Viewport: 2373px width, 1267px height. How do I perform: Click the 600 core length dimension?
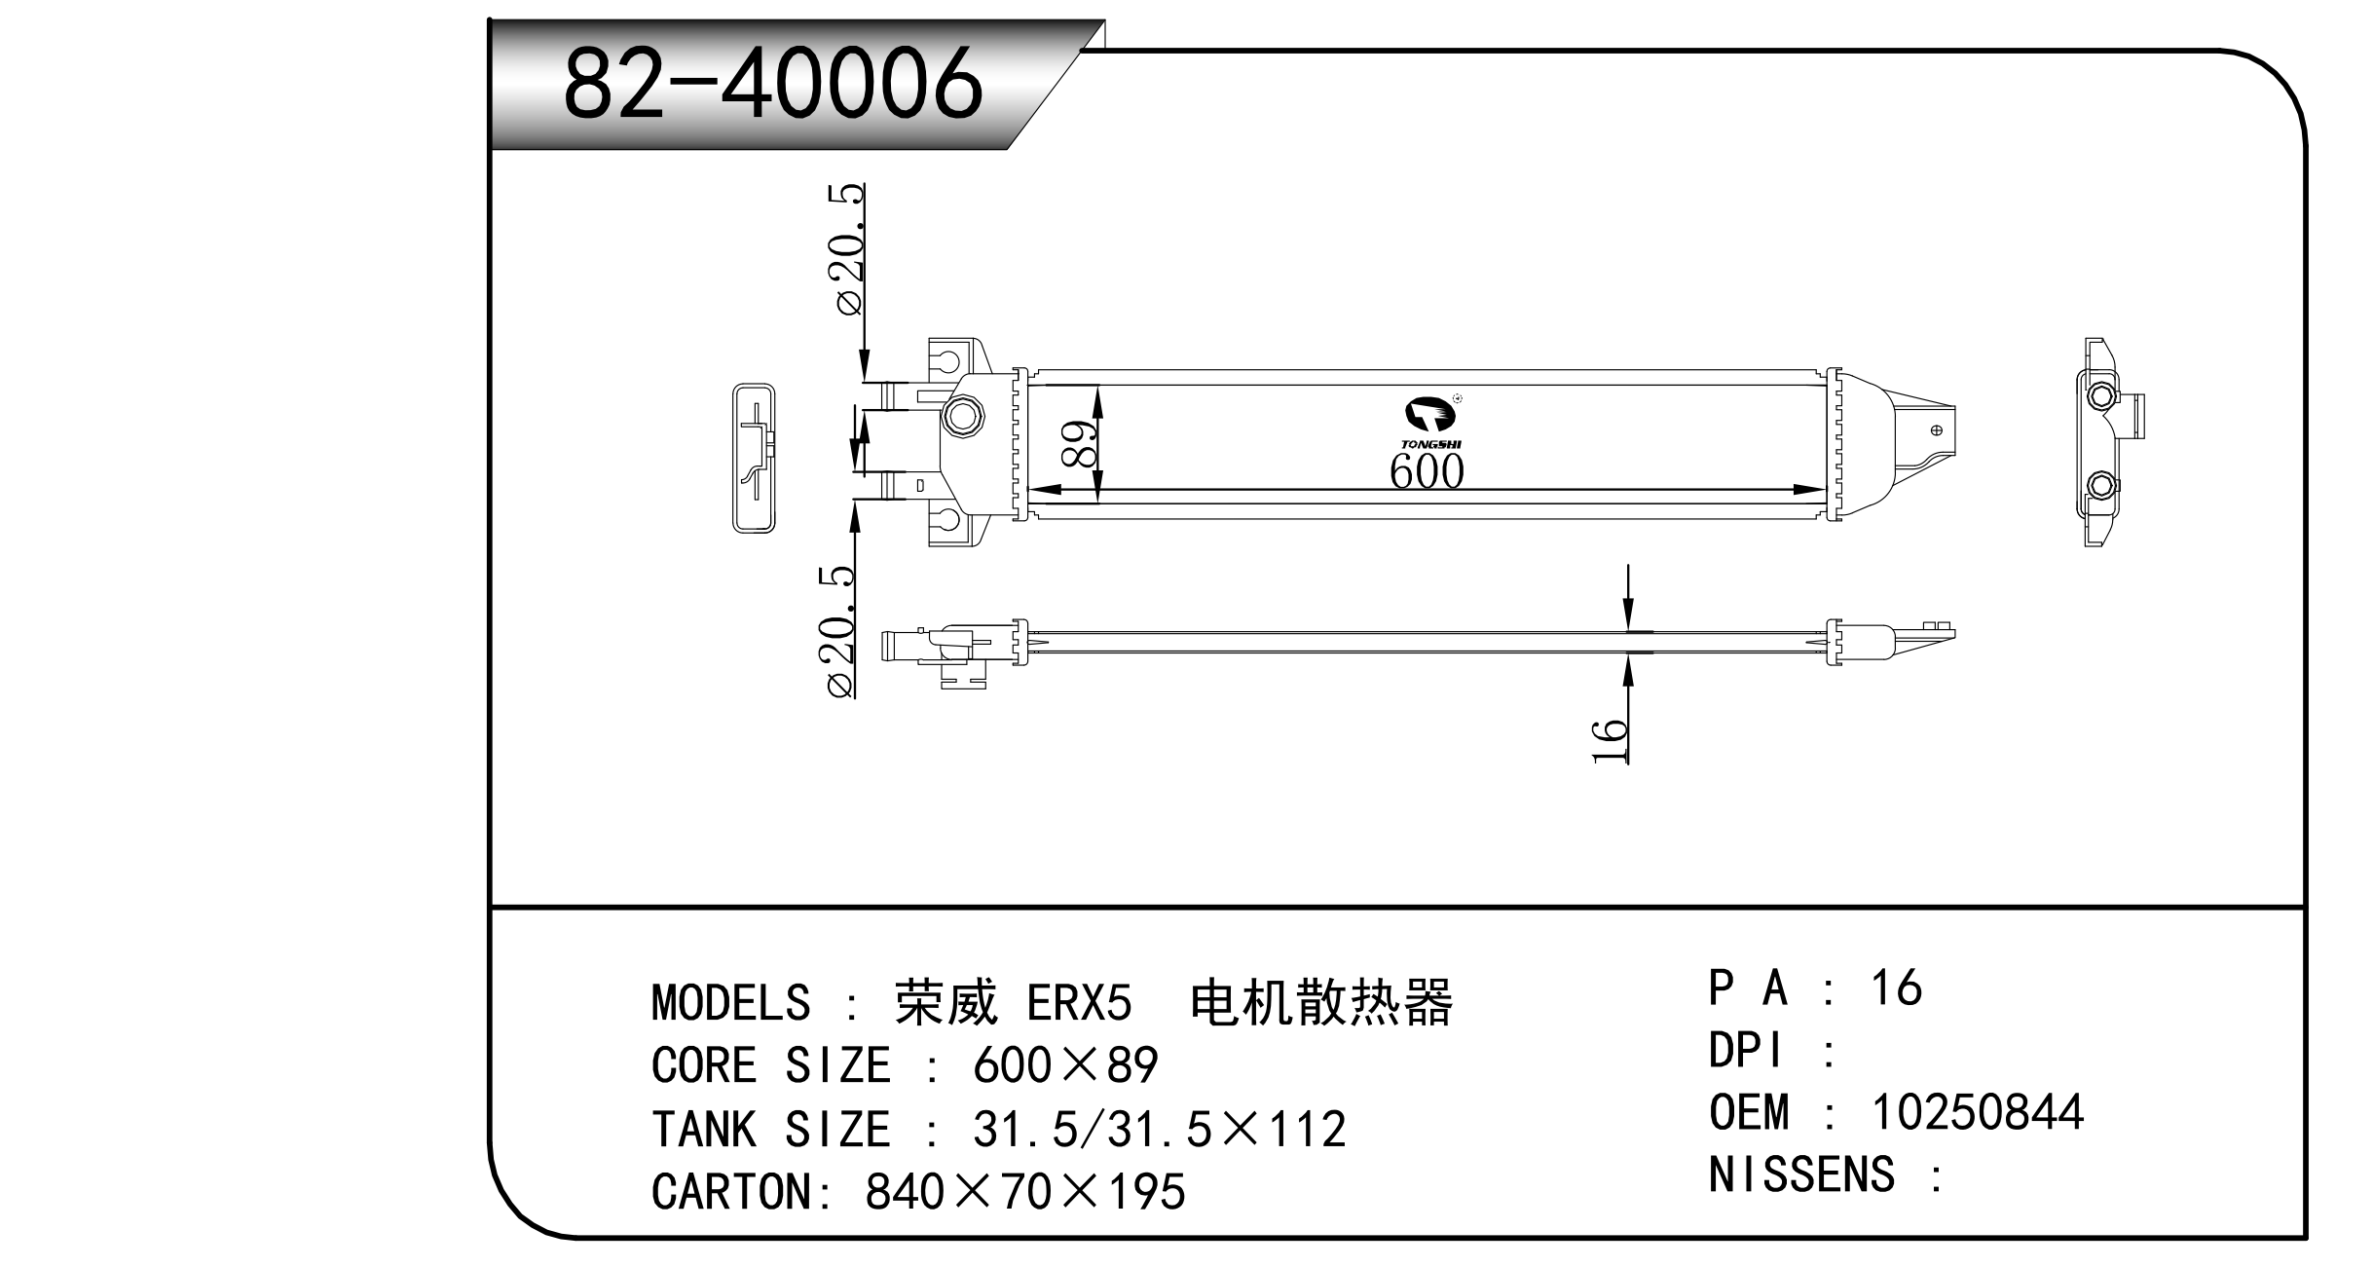pyautogui.click(x=1426, y=472)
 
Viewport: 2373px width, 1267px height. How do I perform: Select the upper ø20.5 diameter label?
pyautogui.click(x=848, y=248)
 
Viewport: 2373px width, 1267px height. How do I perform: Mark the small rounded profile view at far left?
pyautogui.click(x=754, y=458)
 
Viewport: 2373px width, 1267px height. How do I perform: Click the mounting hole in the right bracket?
pyautogui.click(x=1936, y=429)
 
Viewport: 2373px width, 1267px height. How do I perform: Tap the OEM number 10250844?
pyautogui.click(x=1977, y=1112)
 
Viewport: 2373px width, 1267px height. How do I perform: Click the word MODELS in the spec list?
pyautogui.click(x=730, y=1003)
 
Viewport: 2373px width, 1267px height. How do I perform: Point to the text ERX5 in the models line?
pyautogui.click(x=1079, y=1003)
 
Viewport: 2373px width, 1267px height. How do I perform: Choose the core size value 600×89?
pyautogui.click(x=1064, y=1066)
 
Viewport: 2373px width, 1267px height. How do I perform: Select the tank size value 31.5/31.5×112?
pyautogui.click(x=1159, y=1130)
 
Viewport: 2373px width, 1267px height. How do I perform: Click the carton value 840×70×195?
pyautogui.click(x=1024, y=1192)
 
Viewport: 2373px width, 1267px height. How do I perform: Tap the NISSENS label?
pyautogui.click(x=1801, y=1174)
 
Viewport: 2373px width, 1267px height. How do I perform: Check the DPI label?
pyautogui.click(x=1748, y=1051)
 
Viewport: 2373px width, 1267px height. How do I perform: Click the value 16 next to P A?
pyautogui.click(x=1895, y=988)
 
